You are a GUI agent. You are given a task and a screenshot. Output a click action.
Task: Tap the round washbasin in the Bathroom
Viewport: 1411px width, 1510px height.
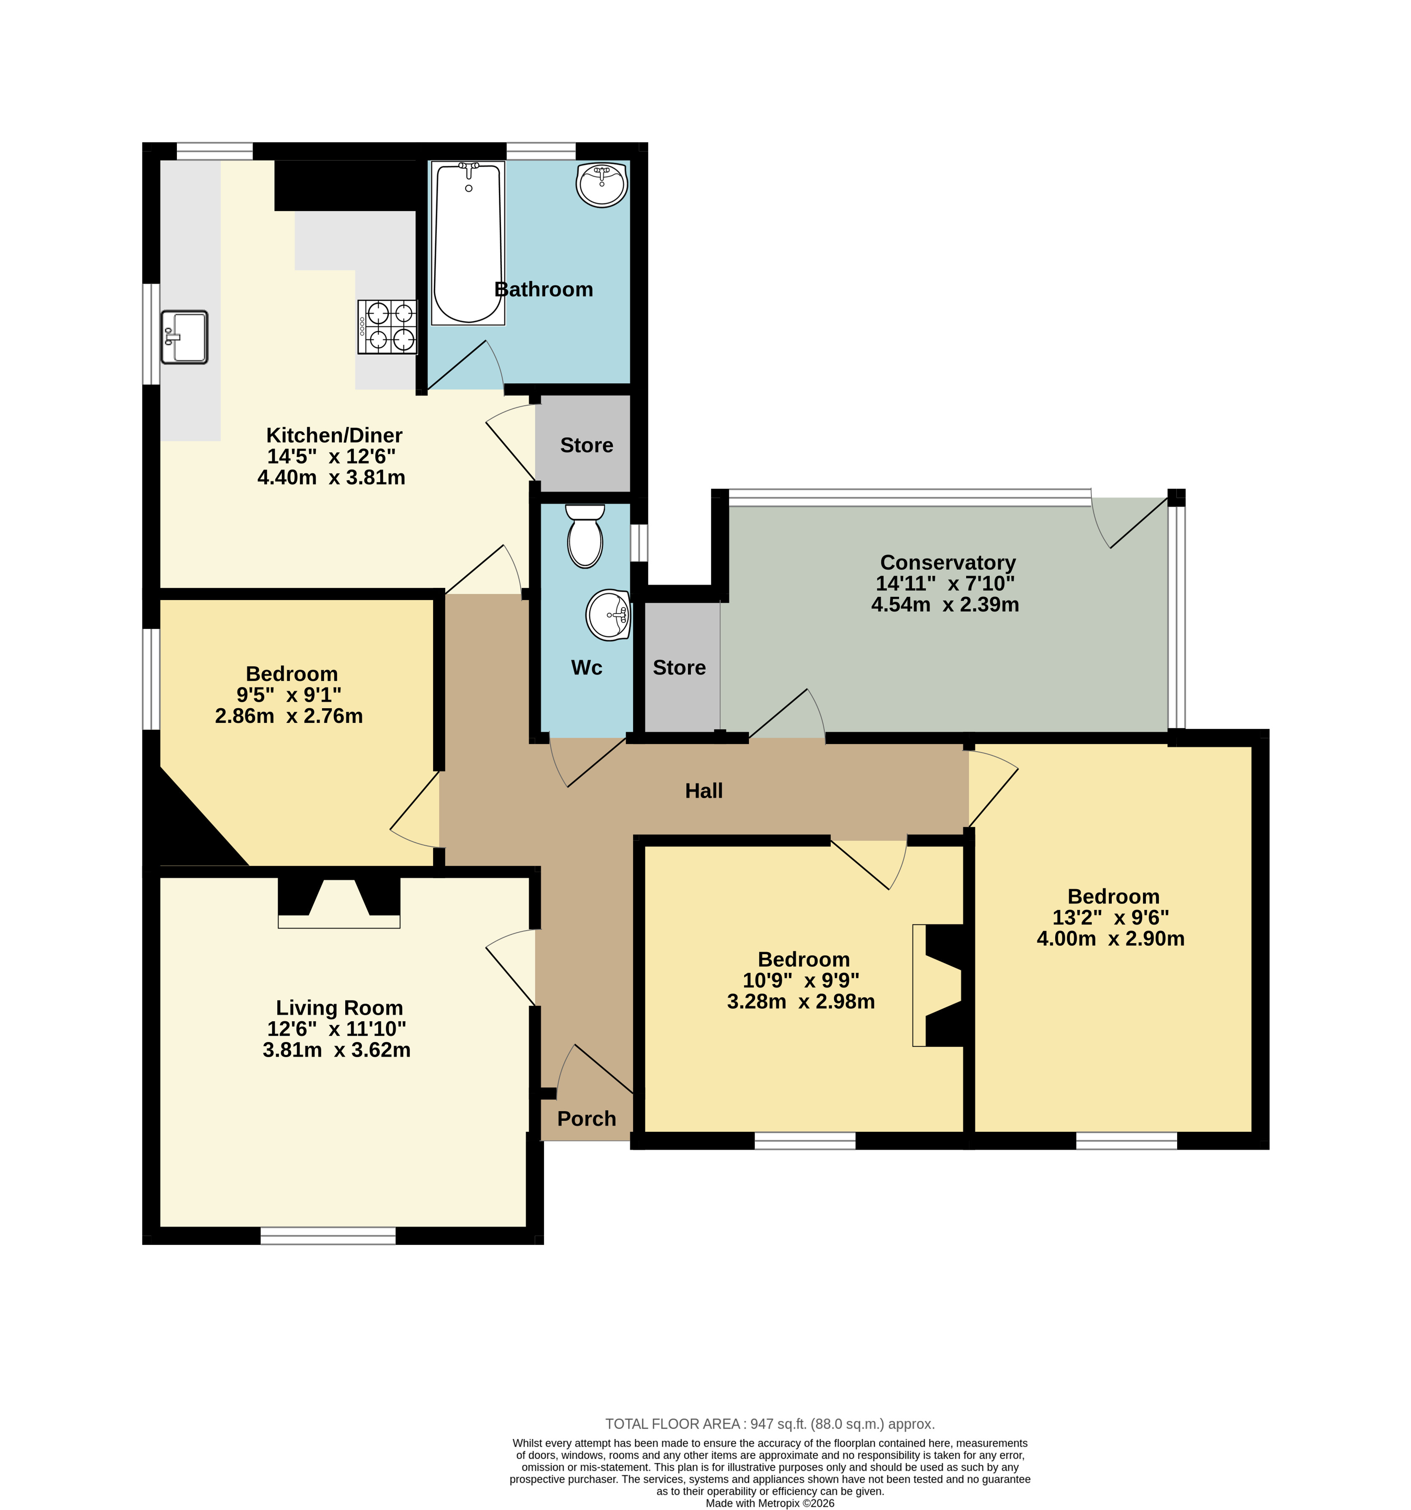(x=602, y=184)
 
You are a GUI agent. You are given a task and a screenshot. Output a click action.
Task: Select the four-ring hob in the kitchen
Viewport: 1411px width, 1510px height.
(x=387, y=327)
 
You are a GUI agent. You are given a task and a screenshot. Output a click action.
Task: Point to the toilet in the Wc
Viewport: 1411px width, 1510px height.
(x=585, y=536)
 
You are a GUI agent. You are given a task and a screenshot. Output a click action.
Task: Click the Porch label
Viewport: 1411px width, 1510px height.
(x=587, y=1119)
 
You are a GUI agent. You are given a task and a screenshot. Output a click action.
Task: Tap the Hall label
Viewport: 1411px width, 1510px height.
(x=704, y=791)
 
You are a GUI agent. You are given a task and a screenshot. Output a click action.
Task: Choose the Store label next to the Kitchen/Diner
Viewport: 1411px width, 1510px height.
(x=587, y=445)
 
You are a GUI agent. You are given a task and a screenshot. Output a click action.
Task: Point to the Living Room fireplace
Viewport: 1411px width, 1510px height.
(x=339, y=902)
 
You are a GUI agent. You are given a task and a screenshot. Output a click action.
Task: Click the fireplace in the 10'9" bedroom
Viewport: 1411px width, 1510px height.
(x=938, y=985)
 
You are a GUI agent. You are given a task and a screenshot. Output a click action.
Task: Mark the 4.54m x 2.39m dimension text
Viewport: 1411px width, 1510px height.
(x=945, y=605)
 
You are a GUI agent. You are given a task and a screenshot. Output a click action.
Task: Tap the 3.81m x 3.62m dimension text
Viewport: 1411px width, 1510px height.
(x=336, y=1050)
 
